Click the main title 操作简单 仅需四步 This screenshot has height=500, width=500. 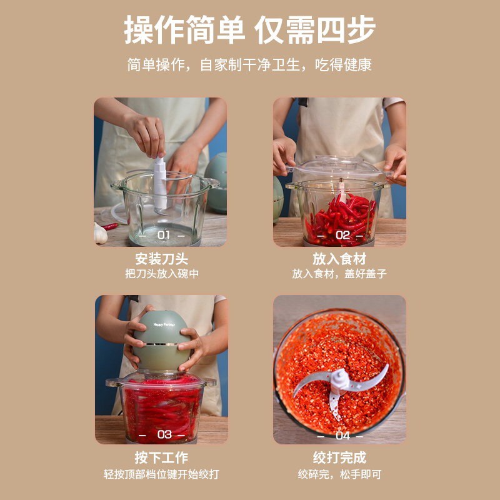[249, 29]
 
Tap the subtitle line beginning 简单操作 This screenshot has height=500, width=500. [249, 65]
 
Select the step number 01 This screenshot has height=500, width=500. [164, 236]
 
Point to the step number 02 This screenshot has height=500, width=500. [342, 236]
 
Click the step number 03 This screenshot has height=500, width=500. [164, 434]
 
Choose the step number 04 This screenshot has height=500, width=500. [342, 436]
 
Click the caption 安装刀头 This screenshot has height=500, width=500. [162, 259]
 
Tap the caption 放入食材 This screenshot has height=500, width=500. [339, 259]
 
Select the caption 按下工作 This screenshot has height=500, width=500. [161, 457]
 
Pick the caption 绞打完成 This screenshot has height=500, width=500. [339, 457]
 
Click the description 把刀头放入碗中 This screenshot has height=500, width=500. [162, 274]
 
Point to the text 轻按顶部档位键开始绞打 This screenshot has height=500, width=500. [161, 474]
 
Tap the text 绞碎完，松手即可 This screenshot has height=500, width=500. [339, 474]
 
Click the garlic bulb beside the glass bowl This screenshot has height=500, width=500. [100, 233]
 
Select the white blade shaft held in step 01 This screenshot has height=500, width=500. [161, 183]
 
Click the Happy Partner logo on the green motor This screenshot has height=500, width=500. [164, 324]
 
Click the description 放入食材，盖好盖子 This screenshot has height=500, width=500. [339, 274]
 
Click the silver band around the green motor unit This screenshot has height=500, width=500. [162, 344]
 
